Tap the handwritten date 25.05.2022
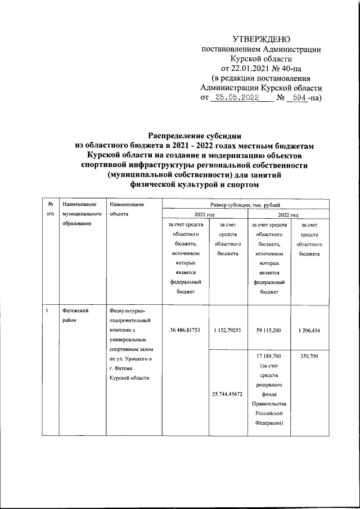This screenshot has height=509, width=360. [x=234, y=98]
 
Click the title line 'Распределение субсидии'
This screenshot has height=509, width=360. [x=195, y=135]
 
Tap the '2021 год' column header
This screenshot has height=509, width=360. [x=205, y=214]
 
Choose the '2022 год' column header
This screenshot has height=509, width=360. [x=287, y=214]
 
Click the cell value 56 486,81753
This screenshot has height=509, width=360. [x=181, y=330]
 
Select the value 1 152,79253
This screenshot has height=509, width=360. [x=227, y=330]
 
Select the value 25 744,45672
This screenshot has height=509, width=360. [x=227, y=394]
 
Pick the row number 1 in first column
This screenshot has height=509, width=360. [x=48, y=310]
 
